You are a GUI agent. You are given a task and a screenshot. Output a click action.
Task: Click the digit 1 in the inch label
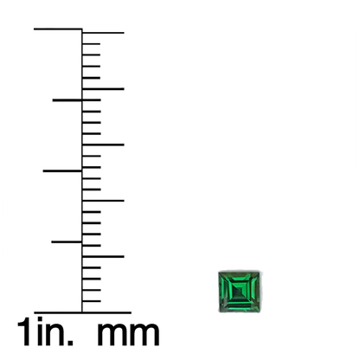pyautogui.click(x=25, y=331)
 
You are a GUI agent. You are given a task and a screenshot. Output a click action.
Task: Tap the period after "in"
pyautogui.click(x=70, y=343)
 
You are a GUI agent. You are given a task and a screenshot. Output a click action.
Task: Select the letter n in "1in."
pyautogui.click(x=55, y=335)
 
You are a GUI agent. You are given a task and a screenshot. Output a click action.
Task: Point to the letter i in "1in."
pyautogui.click(x=40, y=331)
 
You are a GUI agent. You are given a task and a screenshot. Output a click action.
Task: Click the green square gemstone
pyautogui.click(x=239, y=292)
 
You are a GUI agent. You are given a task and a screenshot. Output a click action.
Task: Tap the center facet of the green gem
pyautogui.click(x=240, y=291)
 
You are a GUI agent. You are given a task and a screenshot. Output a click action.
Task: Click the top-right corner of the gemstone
pyautogui.click(x=260, y=272)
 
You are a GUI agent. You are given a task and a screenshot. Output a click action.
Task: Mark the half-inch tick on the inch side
pyautogui.click(x=62, y=171)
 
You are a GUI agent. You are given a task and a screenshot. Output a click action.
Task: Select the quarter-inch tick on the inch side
pyautogui.click(x=67, y=241)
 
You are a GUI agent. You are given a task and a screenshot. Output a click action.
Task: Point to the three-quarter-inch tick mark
pyautogui.click(x=67, y=100)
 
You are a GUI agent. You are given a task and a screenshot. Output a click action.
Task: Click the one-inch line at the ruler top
pyautogui.click(x=58, y=29)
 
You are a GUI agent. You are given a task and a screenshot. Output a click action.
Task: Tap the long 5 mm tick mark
pyautogui.click(x=103, y=256)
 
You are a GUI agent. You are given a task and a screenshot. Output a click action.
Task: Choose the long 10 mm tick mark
pyautogui.click(x=103, y=201)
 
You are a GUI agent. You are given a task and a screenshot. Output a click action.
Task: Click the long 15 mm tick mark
pyautogui.click(x=103, y=145)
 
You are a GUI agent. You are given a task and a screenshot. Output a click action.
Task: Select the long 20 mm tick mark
pyautogui.click(x=103, y=89)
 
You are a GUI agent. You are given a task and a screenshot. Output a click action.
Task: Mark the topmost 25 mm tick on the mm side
pyautogui.click(x=103, y=33)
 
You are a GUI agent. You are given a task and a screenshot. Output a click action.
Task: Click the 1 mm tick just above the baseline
pyautogui.click(x=91, y=301)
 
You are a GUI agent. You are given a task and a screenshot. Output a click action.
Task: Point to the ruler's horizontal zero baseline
pyautogui.click(x=82, y=312)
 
